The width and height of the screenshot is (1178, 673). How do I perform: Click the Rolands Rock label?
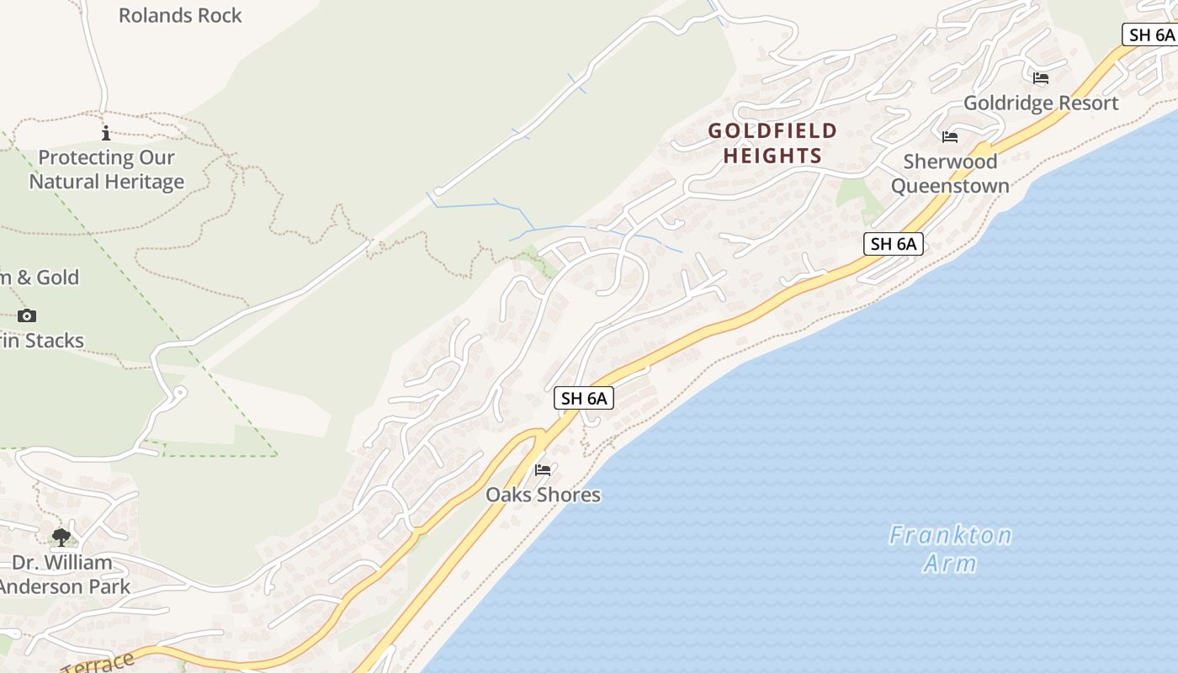(x=180, y=15)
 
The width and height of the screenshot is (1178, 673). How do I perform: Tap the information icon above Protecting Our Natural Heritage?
(x=106, y=133)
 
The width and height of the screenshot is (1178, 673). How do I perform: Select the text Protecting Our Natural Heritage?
(x=107, y=169)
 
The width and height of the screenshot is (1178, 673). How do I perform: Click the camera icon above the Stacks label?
(x=27, y=315)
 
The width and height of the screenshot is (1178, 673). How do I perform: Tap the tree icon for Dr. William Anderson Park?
(x=61, y=537)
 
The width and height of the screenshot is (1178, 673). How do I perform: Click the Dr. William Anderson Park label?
(x=64, y=575)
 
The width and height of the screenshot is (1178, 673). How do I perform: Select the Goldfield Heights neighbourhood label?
(x=772, y=143)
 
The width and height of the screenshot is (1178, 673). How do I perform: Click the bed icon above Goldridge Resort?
(x=1041, y=78)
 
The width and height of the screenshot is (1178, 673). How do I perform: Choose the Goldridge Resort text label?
(x=1041, y=103)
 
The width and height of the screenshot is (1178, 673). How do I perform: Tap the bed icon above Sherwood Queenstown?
(x=950, y=136)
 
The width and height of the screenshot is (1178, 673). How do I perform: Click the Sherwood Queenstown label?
(x=950, y=173)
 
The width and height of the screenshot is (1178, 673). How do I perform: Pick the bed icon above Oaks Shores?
(x=543, y=469)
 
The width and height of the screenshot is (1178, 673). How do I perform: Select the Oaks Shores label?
(x=543, y=495)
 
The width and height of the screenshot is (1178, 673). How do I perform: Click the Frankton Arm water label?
(x=951, y=548)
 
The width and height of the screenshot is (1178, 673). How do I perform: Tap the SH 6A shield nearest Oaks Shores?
(x=584, y=398)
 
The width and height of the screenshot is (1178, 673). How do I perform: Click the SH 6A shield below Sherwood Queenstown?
(x=894, y=244)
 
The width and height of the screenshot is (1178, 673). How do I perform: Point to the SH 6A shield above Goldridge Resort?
(x=1151, y=34)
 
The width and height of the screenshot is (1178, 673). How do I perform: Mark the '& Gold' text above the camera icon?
(x=47, y=277)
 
